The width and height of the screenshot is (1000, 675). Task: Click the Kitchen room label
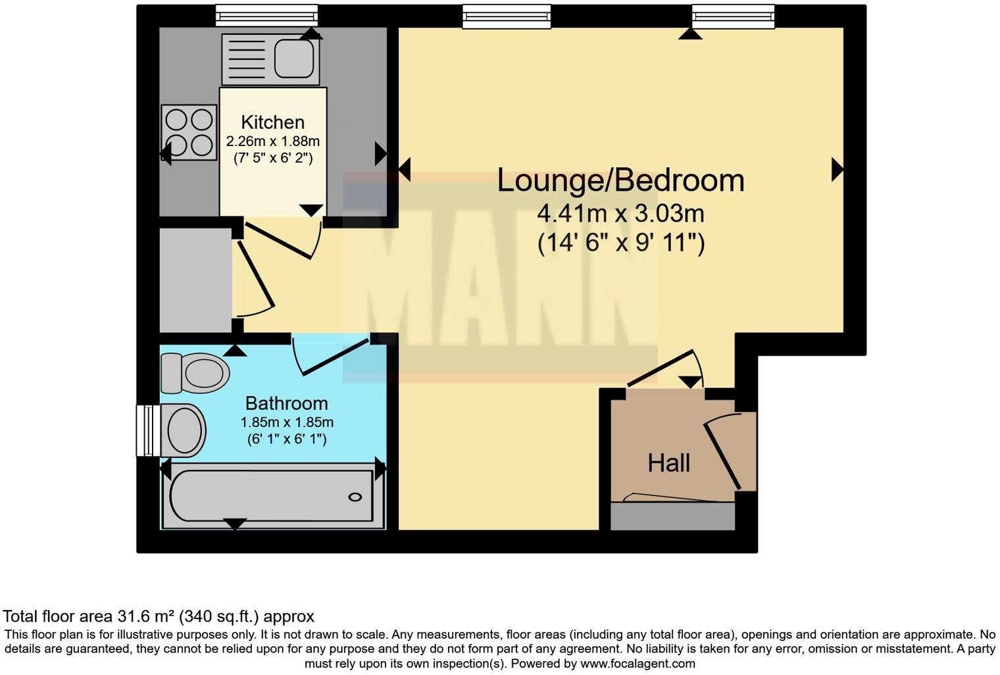tap(272, 122)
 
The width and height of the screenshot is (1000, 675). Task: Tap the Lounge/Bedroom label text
tap(620, 180)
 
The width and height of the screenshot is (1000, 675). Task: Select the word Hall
tap(668, 463)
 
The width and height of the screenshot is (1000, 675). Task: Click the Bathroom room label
tap(286, 403)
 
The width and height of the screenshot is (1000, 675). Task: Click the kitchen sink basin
tap(293, 59)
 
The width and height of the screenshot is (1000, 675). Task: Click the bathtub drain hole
tap(355, 497)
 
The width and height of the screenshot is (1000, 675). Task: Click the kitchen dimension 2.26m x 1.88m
tap(272, 141)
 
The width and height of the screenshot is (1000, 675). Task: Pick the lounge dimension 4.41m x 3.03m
tap(620, 214)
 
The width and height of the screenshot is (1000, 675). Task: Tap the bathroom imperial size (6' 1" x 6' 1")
tap(287, 439)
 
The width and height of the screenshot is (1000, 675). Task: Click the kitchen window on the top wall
tap(267, 14)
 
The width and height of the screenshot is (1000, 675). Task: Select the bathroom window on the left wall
tap(145, 430)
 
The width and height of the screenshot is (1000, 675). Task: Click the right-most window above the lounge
tap(733, 16)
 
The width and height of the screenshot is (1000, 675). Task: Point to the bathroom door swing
tap(332, 356)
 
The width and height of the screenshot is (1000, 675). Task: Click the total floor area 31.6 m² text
tap(158, 616)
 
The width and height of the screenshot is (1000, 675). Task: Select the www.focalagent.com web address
tap(637, 663)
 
